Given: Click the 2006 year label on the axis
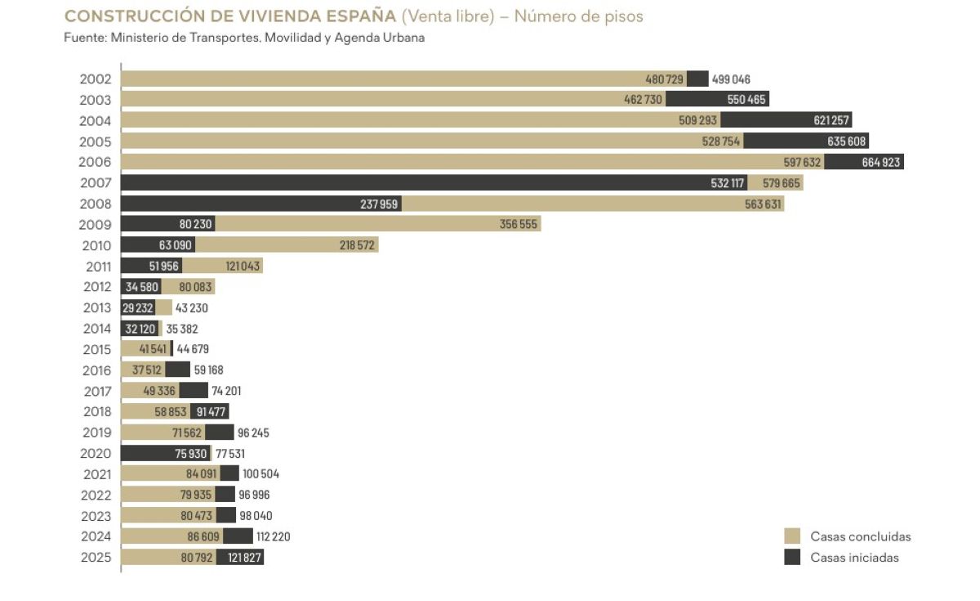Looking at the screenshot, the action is [95, 162].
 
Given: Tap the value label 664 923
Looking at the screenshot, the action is [880, 163].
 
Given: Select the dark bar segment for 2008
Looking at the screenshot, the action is [261, 204].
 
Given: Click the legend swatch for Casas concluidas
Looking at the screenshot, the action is [792, 536].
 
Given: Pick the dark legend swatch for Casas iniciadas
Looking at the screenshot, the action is [792, 557].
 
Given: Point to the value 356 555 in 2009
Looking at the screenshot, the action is [518, 224].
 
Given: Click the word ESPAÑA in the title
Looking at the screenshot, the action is [361, 16].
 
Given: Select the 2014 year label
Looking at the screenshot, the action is [96, 329].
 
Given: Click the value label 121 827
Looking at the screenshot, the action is [244, 558].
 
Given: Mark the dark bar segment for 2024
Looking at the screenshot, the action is [238, 536].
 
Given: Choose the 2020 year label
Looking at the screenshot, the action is [96, 453].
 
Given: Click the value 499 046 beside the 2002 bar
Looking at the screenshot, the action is [731, 79].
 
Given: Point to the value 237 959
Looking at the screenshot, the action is [379, 204].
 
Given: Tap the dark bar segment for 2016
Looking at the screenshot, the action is [178, 370].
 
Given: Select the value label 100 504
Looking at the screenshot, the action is [261, 474].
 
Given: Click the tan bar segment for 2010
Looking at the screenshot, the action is [287, 244].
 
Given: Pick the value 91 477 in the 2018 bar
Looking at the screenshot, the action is [211, 412].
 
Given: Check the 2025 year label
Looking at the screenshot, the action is [96, 558].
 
